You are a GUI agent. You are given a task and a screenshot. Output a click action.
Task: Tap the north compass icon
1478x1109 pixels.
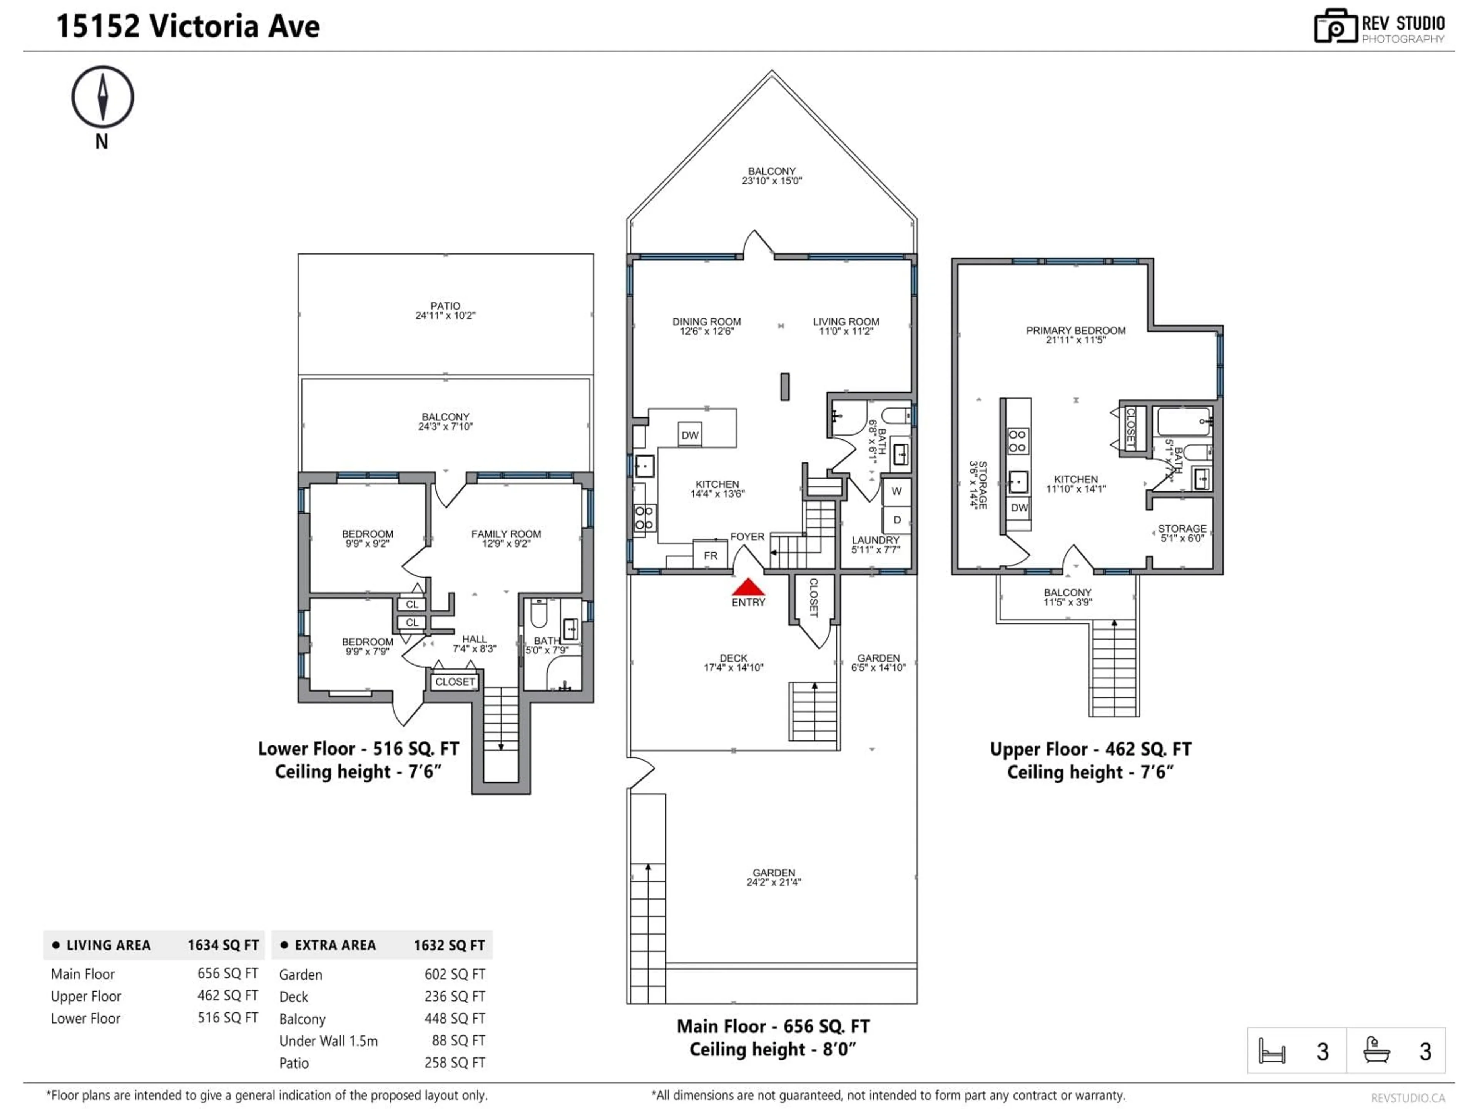(x=102, y=97)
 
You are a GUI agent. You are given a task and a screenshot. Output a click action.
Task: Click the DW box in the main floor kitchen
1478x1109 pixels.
(x=690, y=435)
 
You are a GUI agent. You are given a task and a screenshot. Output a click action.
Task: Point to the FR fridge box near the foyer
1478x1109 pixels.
(x=710, y=555)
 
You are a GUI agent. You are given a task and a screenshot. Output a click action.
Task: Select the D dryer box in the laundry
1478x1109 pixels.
(x=897, y=519)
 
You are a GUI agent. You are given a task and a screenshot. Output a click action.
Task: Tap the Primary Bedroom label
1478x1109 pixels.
(x=1076, y=334)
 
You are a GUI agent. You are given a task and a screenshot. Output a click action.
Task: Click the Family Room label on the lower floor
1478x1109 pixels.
(x=506, y=538)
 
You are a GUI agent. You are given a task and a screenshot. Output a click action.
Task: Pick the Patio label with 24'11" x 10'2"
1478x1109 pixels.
(x=445, y=310)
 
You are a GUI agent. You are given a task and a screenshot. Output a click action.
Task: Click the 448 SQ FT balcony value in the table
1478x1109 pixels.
(x=454, y=1018)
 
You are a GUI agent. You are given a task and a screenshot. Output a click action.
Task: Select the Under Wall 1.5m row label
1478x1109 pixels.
(x=328, y=1041)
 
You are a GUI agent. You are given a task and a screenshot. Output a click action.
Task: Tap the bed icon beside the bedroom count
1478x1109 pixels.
(x=1272, y=1051)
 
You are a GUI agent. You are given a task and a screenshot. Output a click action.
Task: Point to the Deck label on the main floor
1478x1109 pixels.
(x=733, y=662)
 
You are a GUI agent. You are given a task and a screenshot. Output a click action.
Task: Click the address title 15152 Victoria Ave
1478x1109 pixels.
(x=188, y=27)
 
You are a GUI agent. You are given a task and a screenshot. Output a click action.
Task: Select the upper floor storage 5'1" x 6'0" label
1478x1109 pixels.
(x=1182, y=533)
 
